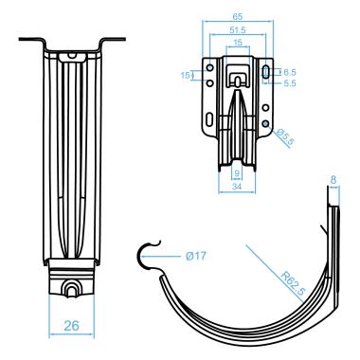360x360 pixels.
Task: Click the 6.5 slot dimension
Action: [291, 71]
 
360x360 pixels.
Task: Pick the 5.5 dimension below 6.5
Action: [291, 83]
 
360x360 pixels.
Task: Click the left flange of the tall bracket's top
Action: [27, 42]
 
